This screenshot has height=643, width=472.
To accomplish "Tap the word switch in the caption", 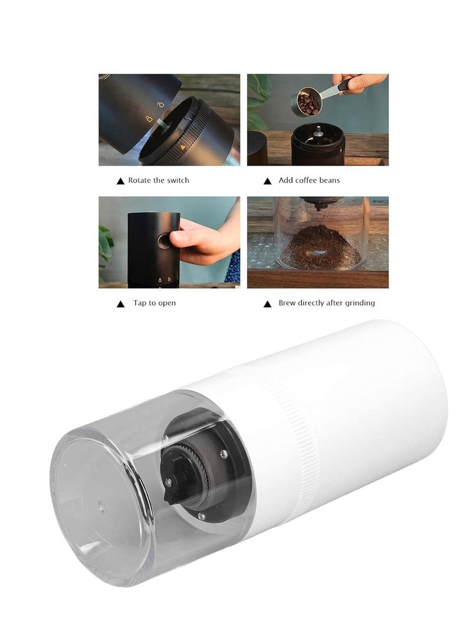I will coord(178,180).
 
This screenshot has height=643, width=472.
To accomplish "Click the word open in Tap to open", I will coord(166,303).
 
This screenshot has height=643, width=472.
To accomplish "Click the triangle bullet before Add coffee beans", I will coord(267,181).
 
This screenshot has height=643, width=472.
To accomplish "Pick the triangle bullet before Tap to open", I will coord(120,304).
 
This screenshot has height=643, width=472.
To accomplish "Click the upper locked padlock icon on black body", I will coord(159,105).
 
